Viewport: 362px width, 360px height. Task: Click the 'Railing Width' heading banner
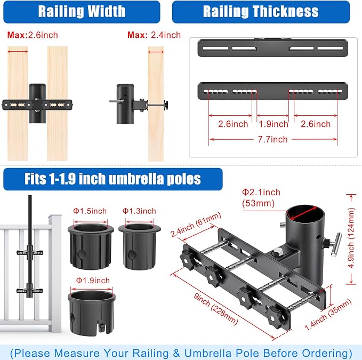point(82,12)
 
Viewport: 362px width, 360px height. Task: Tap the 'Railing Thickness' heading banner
point(261,12)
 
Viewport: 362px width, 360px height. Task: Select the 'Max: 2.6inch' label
point(33,35)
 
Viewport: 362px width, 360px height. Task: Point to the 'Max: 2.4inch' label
point(154,35)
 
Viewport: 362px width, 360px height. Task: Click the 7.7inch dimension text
point(272,139)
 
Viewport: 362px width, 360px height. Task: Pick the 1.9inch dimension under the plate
point(273,124)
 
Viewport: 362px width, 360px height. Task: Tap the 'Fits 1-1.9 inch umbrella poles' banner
point(113,179)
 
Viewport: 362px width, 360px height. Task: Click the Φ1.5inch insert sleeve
point(91,246)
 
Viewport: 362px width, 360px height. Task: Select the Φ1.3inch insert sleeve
point(139,246)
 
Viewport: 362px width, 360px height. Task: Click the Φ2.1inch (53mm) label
point(261,198)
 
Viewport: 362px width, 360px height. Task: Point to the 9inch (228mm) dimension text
point(215,309)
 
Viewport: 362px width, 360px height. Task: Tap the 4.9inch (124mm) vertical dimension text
point(351,238)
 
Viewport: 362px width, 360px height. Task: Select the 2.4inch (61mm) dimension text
point(196,225)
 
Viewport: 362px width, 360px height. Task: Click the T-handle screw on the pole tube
point(333,244)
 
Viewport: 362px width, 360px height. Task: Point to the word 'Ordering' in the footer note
point(327,353)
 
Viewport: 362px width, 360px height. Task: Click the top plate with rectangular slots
point(272,48)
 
